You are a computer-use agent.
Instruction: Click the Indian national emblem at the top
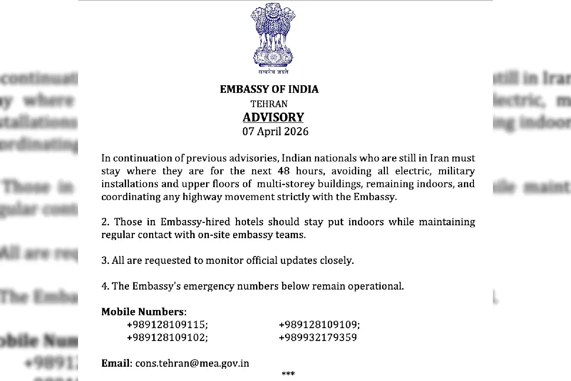point(270,38)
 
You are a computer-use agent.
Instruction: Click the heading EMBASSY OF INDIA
point(269,89)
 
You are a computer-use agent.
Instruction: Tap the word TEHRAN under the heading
point(269,103)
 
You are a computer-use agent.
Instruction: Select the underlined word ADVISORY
point(273,117)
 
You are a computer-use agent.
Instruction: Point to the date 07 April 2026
point(275,131)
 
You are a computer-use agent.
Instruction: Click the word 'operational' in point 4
point(376,286)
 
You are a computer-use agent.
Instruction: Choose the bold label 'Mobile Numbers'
point(142,312)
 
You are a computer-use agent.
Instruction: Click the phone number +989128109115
point(167,325)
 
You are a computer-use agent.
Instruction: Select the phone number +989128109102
point(167,338)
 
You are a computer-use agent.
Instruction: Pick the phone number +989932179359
point(318,338)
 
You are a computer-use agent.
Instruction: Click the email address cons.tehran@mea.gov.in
point(192,363)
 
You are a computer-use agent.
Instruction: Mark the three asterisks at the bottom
point(288,374)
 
